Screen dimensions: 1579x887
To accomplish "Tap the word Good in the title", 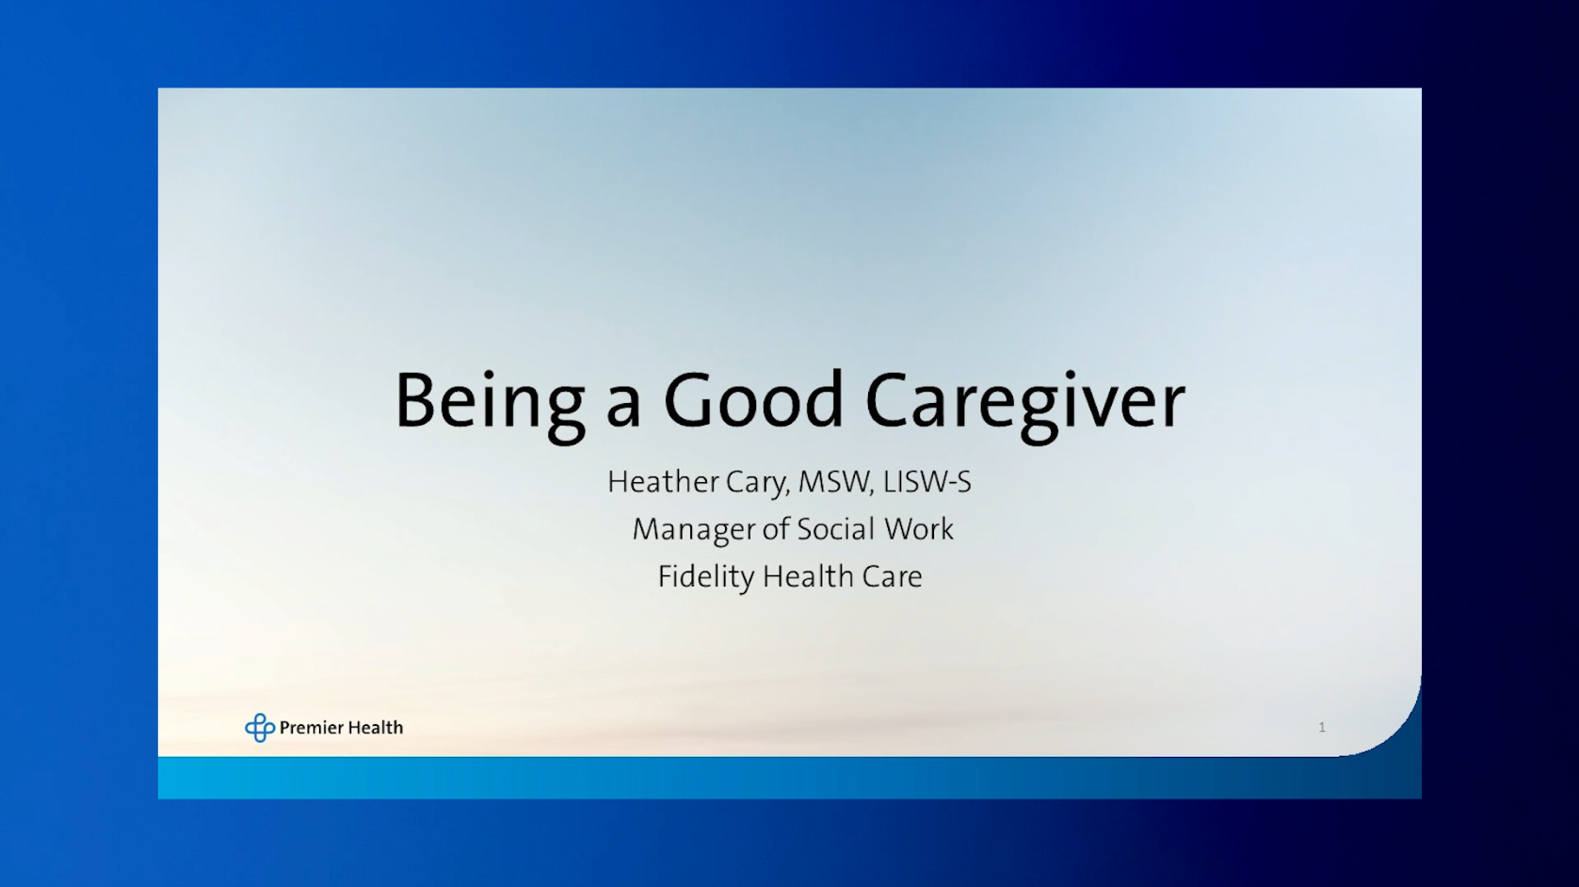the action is (753, 399).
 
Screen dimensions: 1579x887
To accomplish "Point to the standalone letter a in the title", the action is (624, 408).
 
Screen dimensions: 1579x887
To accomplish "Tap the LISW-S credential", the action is (926, 482).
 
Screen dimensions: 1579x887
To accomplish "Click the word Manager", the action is (694, 530).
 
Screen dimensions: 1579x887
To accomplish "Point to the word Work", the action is (919, 529).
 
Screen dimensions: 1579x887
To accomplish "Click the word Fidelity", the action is (706, 577).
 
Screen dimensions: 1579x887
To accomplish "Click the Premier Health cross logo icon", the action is (260, 728).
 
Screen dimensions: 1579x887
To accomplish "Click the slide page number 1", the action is (1322, 727).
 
